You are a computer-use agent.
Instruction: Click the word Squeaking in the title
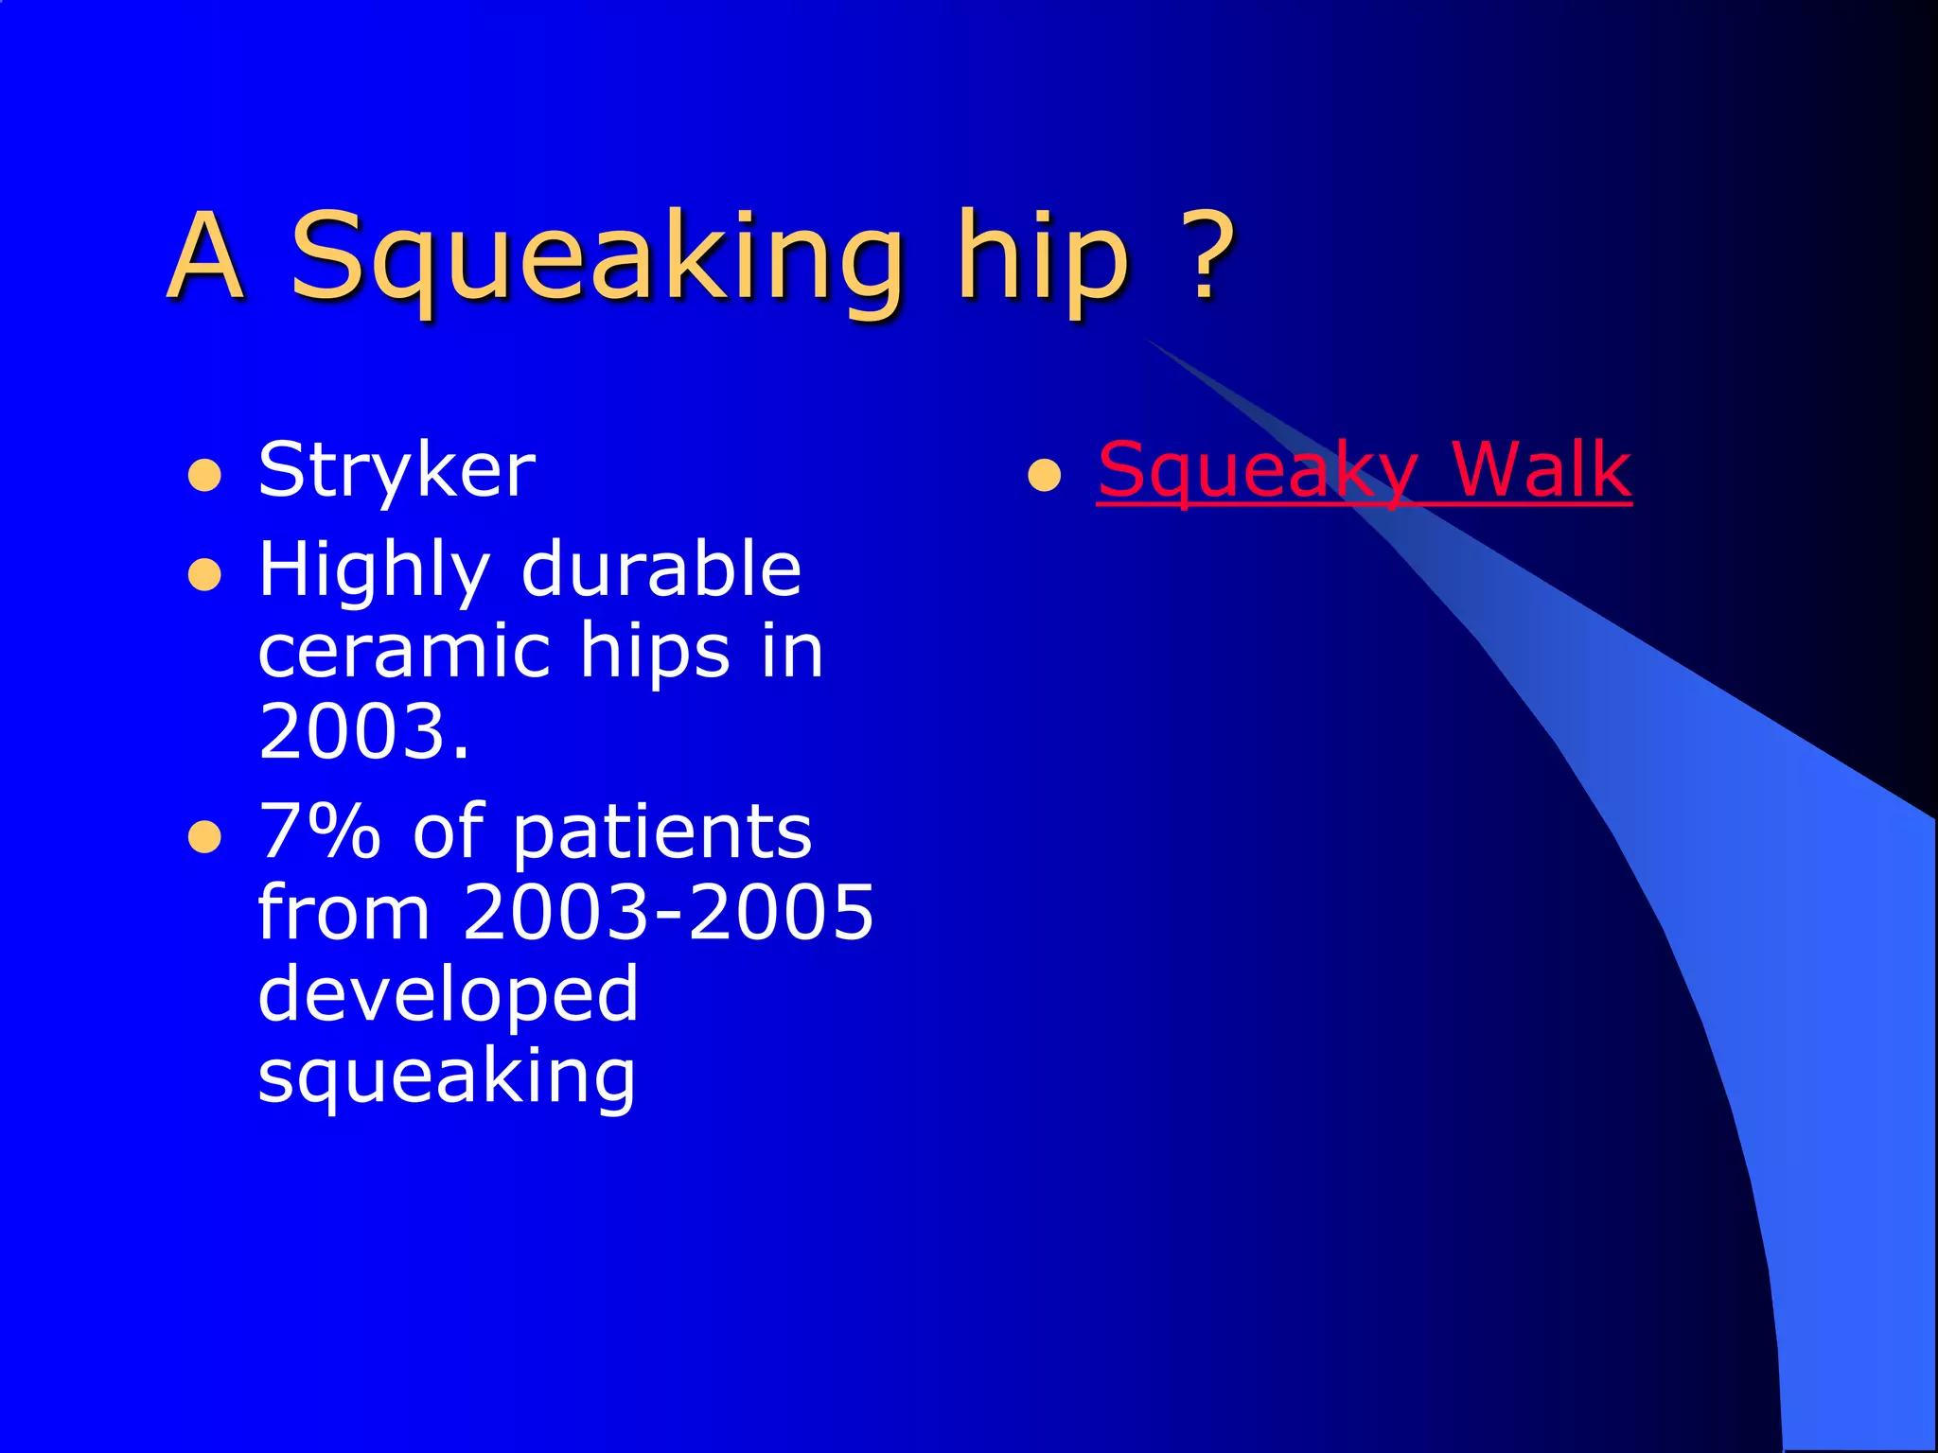596,255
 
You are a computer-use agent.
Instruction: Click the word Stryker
396,470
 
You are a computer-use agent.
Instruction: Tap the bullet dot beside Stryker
205,475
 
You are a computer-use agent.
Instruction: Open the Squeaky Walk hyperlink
1364,470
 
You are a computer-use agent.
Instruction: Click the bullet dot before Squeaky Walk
1044,475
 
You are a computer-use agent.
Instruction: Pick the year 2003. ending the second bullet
363,731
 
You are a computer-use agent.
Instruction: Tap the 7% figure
319,831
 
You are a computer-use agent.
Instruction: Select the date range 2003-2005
668,912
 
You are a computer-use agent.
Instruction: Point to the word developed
449,995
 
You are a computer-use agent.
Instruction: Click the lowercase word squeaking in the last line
447,1077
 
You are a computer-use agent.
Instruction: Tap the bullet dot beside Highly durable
205,573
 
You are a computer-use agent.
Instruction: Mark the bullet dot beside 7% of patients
205,836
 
